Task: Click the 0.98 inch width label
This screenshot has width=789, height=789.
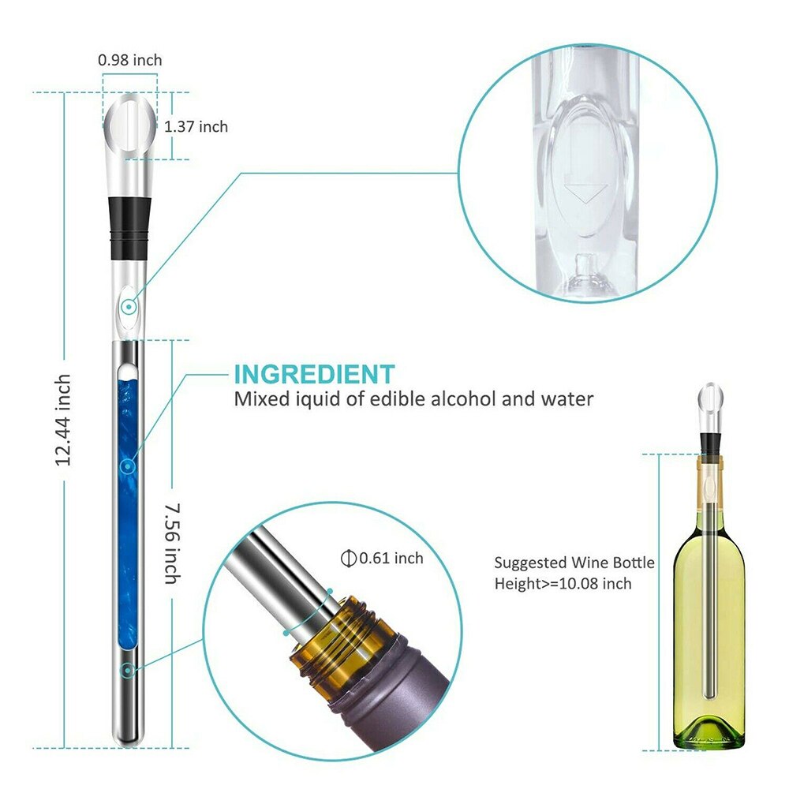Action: [130, 60]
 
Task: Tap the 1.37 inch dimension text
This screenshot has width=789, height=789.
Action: [196, 126]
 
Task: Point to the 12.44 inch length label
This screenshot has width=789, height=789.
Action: [64, 419]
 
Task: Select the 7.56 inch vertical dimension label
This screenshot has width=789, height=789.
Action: [170, 544]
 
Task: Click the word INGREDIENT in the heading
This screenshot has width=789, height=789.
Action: [313, 374]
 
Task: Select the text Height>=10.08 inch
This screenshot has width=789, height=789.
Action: [563, 584]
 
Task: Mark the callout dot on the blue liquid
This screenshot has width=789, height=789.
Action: [126, 467]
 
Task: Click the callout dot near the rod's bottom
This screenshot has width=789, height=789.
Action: [126, 671]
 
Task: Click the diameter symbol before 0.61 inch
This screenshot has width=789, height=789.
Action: [346, 559]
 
